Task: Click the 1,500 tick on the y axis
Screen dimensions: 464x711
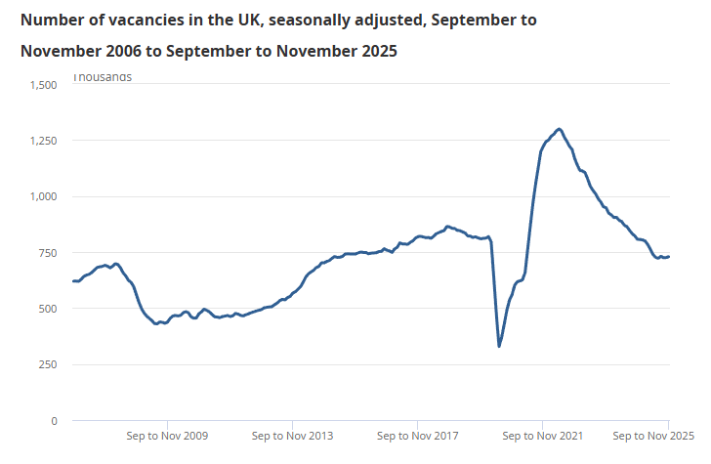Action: point(43,85)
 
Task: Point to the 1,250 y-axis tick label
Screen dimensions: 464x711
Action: point(43,141)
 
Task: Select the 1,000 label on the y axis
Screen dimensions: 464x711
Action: point(43,196)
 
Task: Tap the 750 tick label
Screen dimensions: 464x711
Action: point(48,253)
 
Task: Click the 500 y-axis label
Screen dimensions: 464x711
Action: point(48,309)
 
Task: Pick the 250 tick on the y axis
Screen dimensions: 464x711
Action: point(48,364)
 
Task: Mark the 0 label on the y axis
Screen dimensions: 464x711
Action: point(55,421)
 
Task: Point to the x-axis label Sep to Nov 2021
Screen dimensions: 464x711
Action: point(541,436)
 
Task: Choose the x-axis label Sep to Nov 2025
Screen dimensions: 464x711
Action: point(652,436)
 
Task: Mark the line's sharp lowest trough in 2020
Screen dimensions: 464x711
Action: point(499,346)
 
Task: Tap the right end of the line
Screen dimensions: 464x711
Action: point(668,257)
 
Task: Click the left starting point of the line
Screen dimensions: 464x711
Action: point(73,281)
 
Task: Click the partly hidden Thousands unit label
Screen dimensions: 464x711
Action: point(103,77)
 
